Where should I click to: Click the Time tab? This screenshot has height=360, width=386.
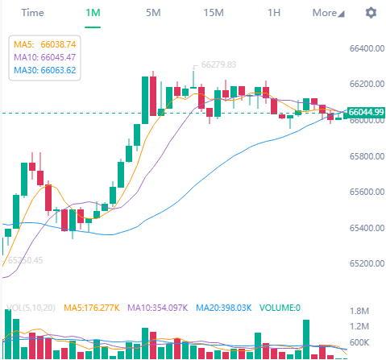click(32, 13)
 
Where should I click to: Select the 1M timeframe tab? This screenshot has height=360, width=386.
click(93, 13)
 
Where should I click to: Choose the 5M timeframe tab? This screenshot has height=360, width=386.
click(153, 13)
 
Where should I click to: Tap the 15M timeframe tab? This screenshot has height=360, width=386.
click(214, 13)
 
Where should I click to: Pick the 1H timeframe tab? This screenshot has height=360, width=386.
click(274, 13)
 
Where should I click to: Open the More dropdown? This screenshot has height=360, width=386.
click(328, 13)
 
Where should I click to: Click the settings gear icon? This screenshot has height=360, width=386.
click(371, 13)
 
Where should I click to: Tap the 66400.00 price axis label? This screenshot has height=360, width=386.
click(365, 48)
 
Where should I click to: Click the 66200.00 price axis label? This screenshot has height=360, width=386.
click(365, 85)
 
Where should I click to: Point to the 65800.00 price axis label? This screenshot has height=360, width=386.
click(365, 156)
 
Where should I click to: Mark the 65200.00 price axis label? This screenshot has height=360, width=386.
click(365, 264)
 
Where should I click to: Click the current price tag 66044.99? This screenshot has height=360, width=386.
click(365, 112)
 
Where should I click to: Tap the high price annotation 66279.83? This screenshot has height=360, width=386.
click(218, 64)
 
